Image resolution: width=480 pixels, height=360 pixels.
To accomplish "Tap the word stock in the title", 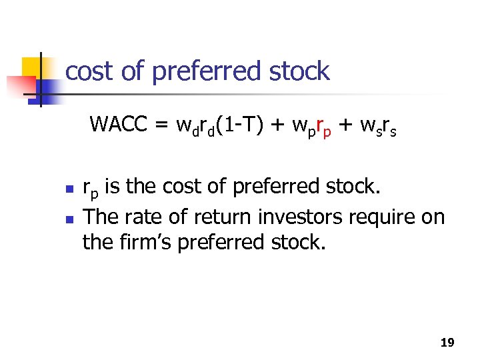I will tap(298, 71).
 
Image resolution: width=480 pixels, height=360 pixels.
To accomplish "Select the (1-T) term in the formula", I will tap(239, 125).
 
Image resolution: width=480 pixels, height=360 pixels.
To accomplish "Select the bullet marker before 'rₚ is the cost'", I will tap(68, 190).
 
